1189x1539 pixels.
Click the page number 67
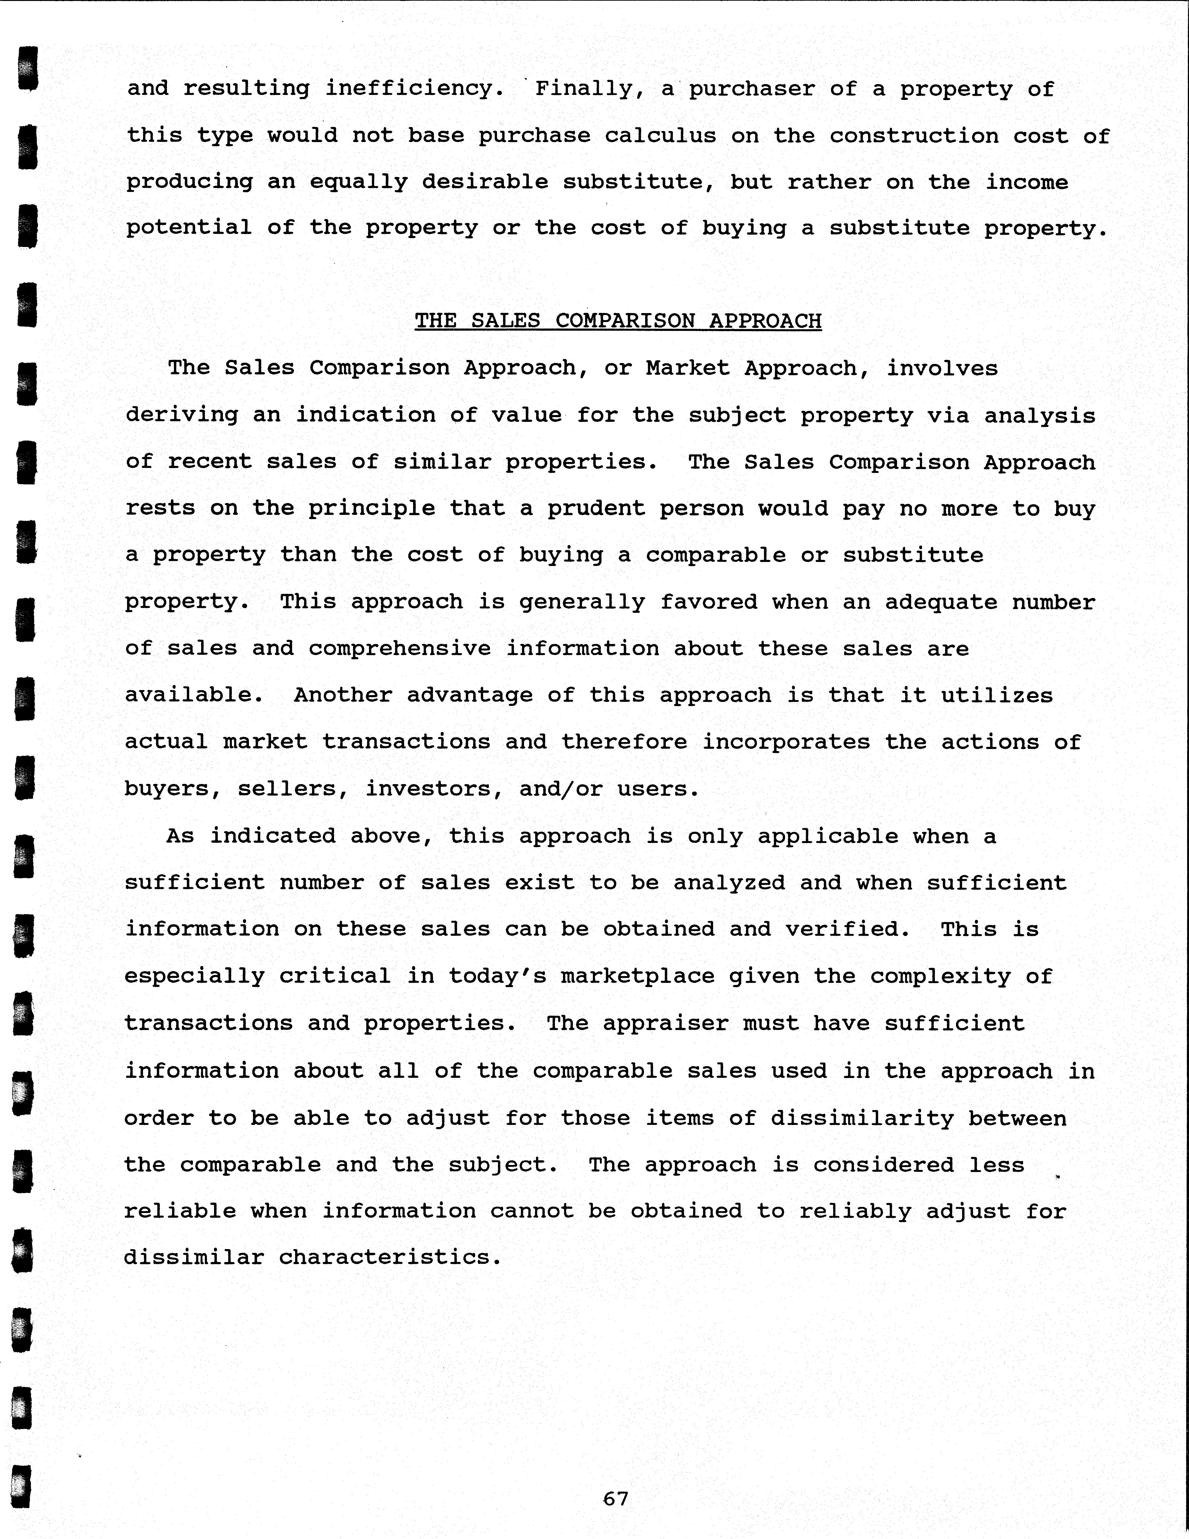pos(615,1498)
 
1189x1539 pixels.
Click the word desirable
pos(485,182)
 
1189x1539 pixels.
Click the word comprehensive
pos(400,648)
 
